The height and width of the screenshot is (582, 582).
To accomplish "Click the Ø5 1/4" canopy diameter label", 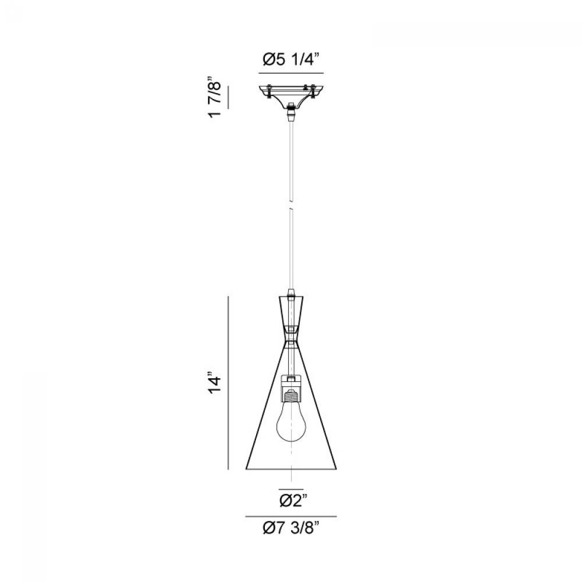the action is pyautogui.click(x=292, y=59).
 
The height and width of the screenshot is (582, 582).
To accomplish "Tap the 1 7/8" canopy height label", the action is pyautogui.click(x=215, y=97).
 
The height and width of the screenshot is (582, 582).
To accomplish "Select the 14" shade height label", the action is pyautogui.click(x=215, y=383).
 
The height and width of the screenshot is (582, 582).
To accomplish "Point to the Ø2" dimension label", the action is pyautogui.click(x=293, y=501).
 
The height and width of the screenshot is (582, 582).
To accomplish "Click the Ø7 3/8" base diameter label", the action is pyautogui.click(x=291, y=527).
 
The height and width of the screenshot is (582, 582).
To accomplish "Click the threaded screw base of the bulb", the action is pyautogui.click(x=292, y=395).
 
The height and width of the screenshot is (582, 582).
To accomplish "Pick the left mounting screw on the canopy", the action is pyautogui.click(x=268, y=92).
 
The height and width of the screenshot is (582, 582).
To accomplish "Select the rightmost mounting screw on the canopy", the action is pyautogui.click(x=314, y=92).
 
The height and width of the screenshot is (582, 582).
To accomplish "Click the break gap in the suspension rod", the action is pyautogui.click(x=292, y=205).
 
